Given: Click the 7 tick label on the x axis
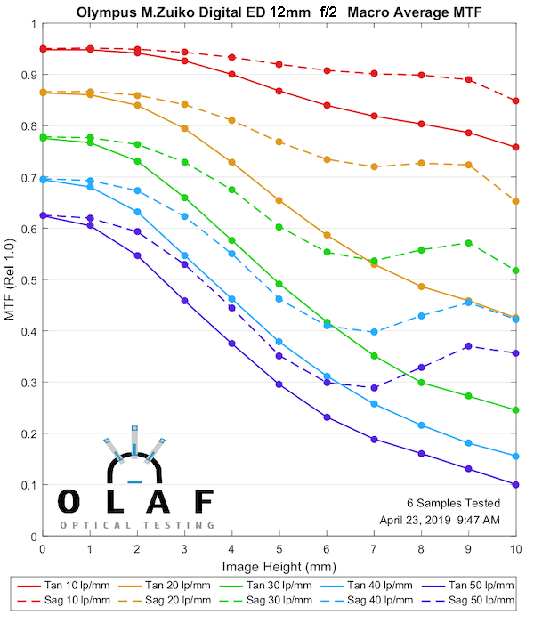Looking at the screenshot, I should click(x=374, y=550).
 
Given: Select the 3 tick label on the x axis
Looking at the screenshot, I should click(x=184, y=550).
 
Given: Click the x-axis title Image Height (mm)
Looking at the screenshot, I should click(x=279, y=565).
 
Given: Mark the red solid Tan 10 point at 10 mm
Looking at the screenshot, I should click(x=515, y=147).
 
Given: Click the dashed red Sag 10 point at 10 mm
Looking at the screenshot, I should click(x=515, y=101).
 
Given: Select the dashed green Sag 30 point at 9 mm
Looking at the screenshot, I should click(x=468, y=242).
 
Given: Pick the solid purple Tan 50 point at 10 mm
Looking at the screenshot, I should click(x=515, y=485).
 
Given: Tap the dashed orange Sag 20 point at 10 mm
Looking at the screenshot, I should click(x=515, y=201).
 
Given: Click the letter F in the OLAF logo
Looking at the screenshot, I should click(x=204, y=502).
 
